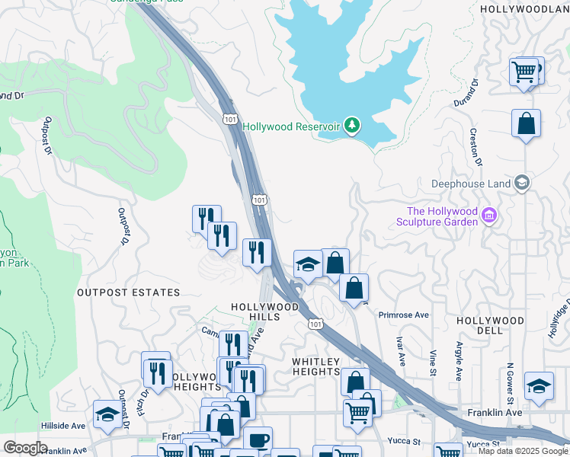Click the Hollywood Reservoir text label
click(290, 126)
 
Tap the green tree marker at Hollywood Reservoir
click(351, 126)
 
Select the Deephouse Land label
click(470, 184)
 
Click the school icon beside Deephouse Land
click(521, 183)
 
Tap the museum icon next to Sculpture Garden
click(489, 217)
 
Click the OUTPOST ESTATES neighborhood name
click(128, 292)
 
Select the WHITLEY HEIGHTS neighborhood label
click(315, 366)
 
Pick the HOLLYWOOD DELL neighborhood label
click(489, 325)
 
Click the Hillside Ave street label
click(63, 426)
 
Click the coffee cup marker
click(258, 440)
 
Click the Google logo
click(25, 448)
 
